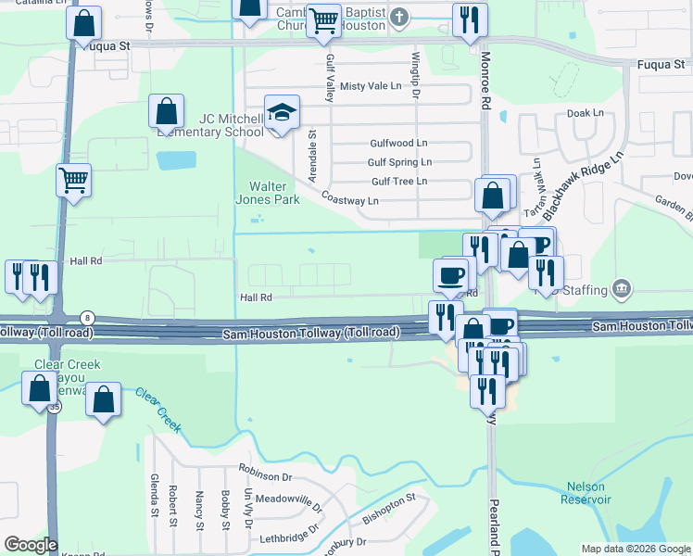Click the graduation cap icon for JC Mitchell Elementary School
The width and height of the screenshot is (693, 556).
(x=283, y=113)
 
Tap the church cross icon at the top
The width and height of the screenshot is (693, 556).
(x=399, y=17)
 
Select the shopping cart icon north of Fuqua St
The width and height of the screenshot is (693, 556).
(x=323, y=19)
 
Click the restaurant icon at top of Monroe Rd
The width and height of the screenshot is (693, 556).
(x=469, y=19)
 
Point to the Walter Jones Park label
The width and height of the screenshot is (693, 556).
(x=273, y=192)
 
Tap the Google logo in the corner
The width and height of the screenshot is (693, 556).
(x=30, y=545)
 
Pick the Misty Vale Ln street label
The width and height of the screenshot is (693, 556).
(x=372, y=85)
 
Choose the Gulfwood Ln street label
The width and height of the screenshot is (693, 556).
(x=398, y=144)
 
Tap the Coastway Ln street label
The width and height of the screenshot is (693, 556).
(x=349, y=199)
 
